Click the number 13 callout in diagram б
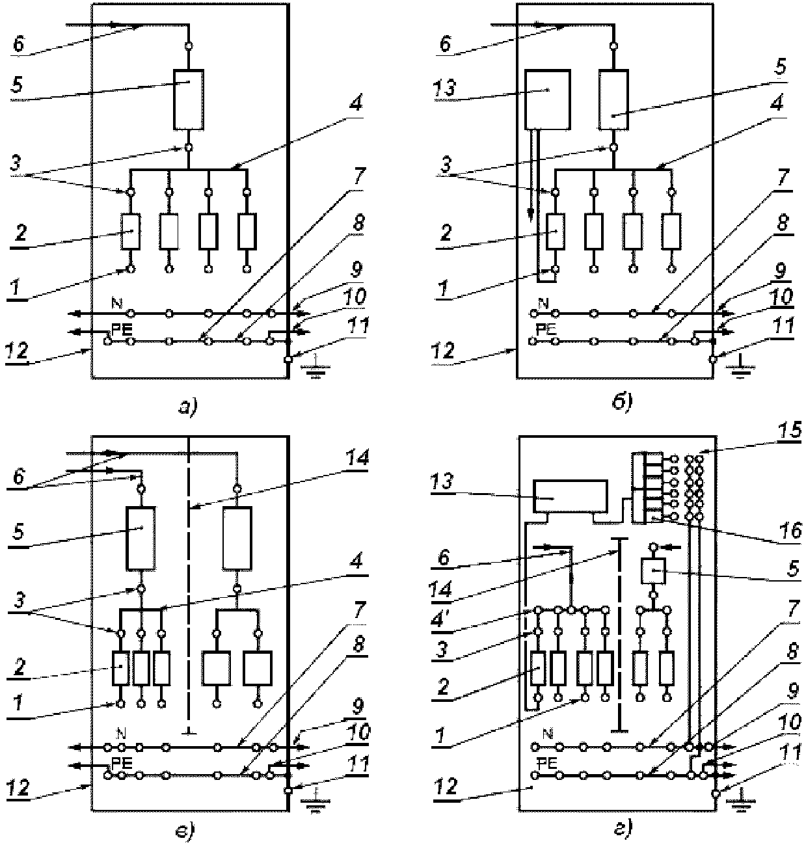[x=445, y=88]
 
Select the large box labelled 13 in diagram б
[x=547, y=100]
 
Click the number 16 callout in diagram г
[x=790, y=531]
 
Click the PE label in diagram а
[x=122, y=330]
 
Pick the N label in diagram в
[x=121, y=732]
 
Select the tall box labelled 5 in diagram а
[x=188, y=100]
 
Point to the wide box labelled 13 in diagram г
[x=571, y=496]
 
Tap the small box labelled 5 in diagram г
[x=653, y=570]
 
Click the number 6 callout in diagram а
[x=18, y=44]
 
